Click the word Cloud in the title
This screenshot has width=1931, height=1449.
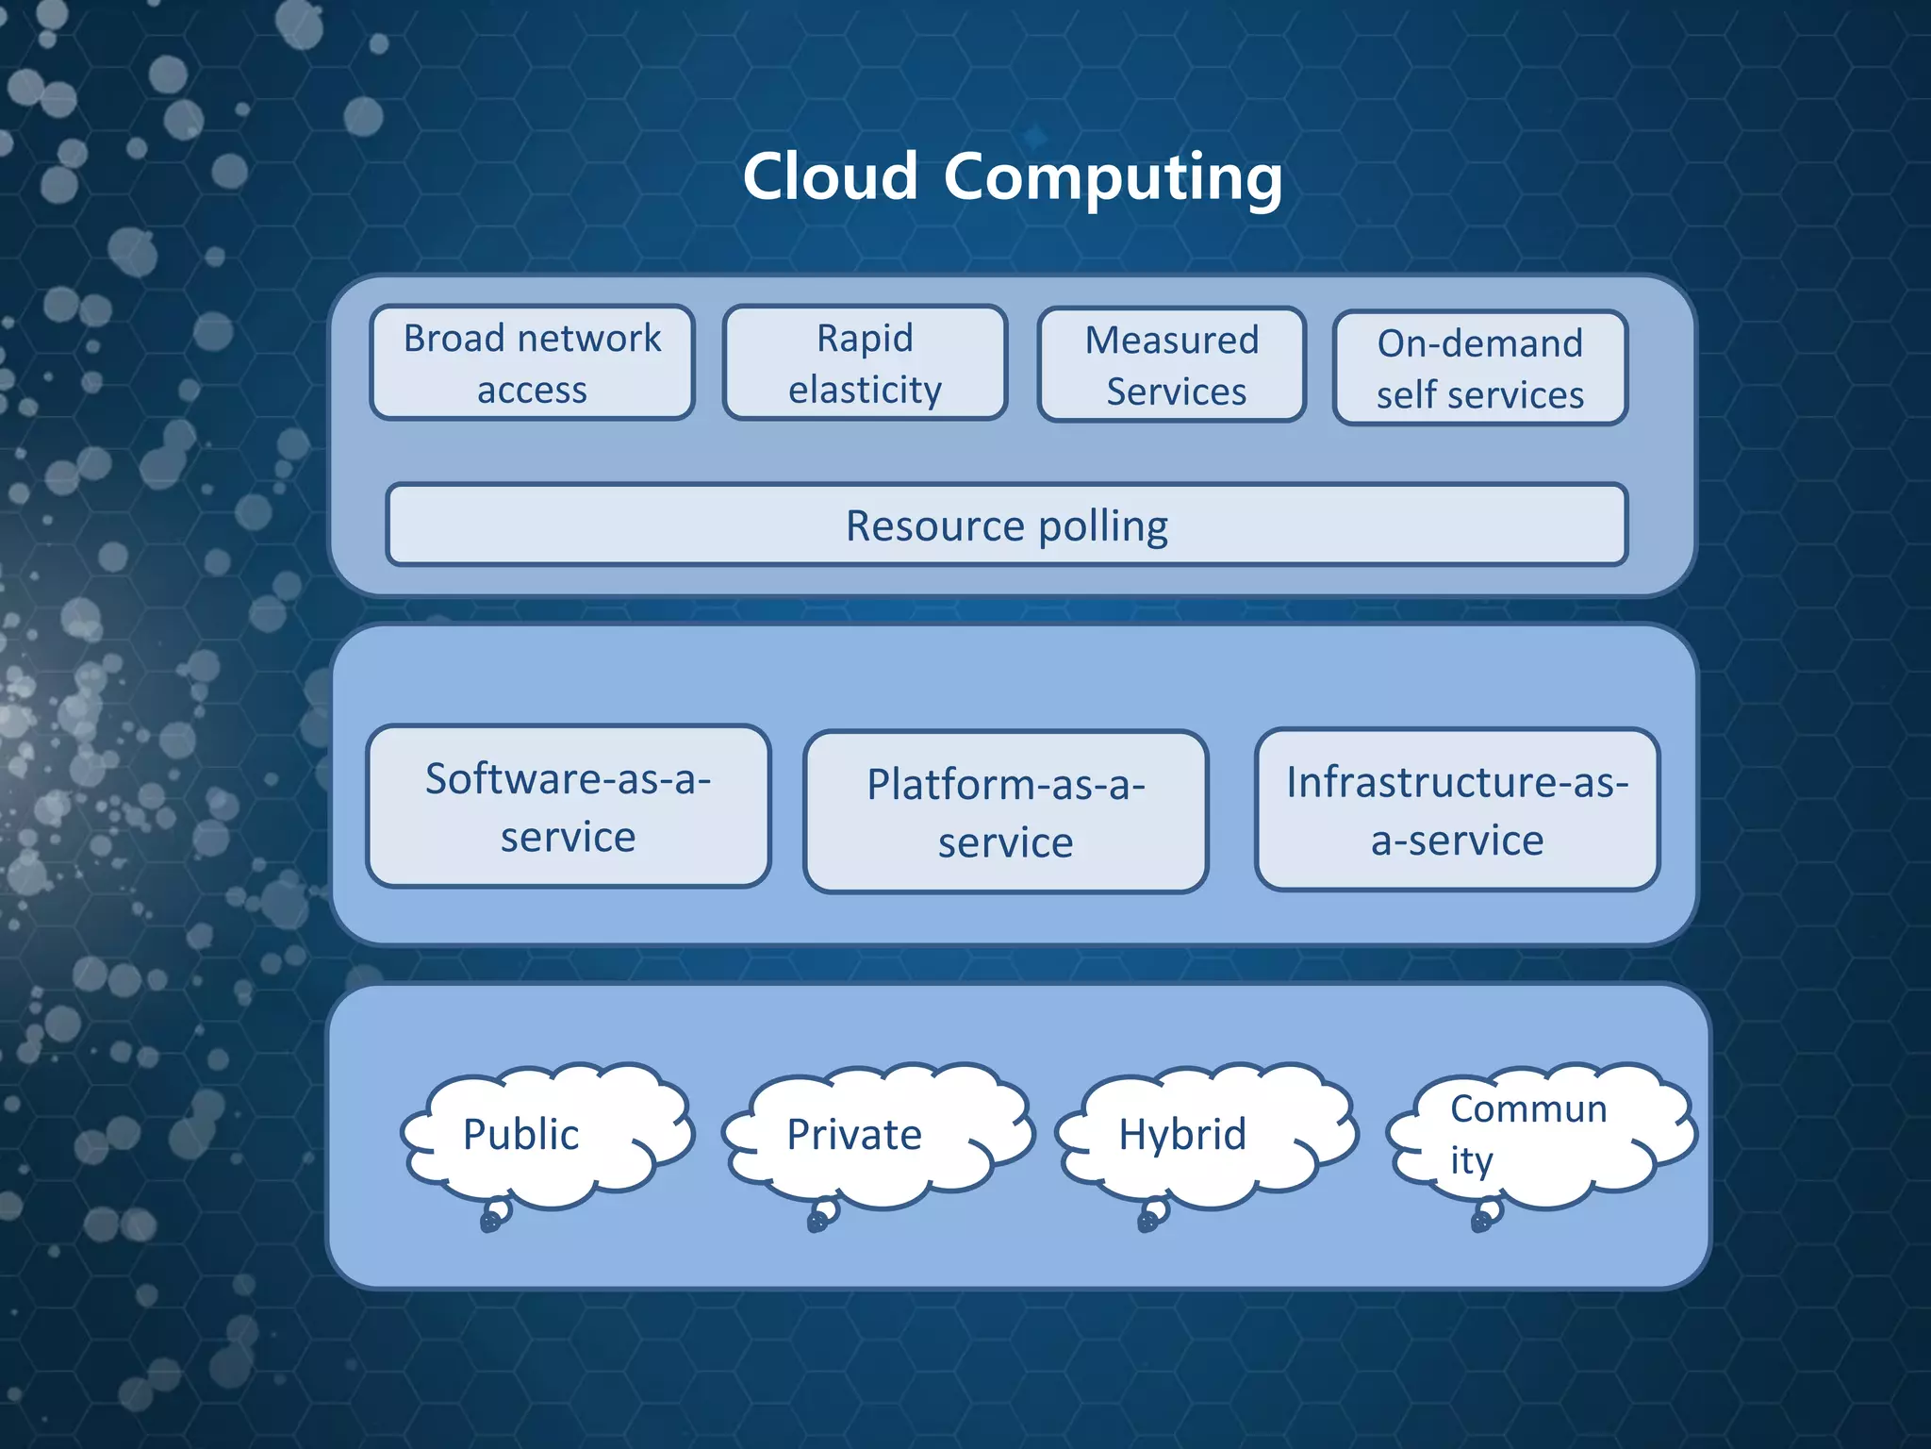pyautogui.click(x=830, y=176)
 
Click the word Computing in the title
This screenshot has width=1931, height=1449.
pyautogui.click(x=1113, y=176)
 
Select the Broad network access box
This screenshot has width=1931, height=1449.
pyautogui.click(x=533, y=363)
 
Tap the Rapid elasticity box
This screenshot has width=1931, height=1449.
pyautogui.click(x=865, y=363)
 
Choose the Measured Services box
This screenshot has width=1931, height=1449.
pyautogui.click(x=1172, y=365)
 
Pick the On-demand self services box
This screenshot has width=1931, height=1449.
pyautogui.click(x=1479, y=369)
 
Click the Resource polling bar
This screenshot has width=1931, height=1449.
pyautogui.click(x=1006, y=525)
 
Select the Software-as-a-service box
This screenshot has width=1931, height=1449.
pyautogui.click(x=569, y=807)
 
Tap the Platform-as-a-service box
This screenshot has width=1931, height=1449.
pyautogui.click(x=1005, y=812)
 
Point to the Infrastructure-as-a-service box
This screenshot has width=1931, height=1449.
pyautogui.click(x=1457, y=809)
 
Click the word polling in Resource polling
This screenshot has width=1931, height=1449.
pyautogui.click(x=1103, y=526)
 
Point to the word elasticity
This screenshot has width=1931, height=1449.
pyautogui.click(x=865, y=390)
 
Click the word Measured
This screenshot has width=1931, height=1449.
pyautogui.click(x=1172, y=340)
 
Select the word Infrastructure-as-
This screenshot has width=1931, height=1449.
pyautogui.click(x=1457, y=782)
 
